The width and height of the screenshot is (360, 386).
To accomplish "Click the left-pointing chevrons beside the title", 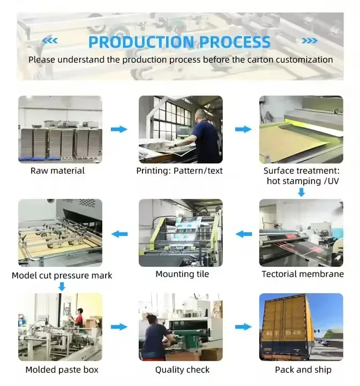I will pos(50,41).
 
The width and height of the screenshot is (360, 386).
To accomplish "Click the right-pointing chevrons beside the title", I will pos(309,41).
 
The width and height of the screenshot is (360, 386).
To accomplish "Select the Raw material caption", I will pos(57,170).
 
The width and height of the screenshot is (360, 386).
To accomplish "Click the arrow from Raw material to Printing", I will pos(119,129).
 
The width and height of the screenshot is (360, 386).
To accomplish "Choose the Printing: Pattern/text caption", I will pos(179,170).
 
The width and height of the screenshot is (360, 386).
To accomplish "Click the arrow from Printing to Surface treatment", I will pos(243,129).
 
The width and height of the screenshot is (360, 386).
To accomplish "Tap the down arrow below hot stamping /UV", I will pos(301,192).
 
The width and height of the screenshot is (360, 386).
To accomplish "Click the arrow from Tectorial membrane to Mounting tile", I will pos(243,234).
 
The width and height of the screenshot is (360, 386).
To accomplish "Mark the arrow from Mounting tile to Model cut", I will pos(119,234).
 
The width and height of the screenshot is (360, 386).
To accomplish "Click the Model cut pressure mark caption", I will pos(62,275).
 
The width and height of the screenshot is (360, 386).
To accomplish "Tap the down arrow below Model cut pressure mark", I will pos(61,287).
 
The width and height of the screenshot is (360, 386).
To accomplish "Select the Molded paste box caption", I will pos(62,369).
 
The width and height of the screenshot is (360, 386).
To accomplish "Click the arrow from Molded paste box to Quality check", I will pos(119,327).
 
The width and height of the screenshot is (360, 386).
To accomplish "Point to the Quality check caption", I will pos(182,369).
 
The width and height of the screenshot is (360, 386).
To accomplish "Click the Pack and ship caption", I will pos(303,369).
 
